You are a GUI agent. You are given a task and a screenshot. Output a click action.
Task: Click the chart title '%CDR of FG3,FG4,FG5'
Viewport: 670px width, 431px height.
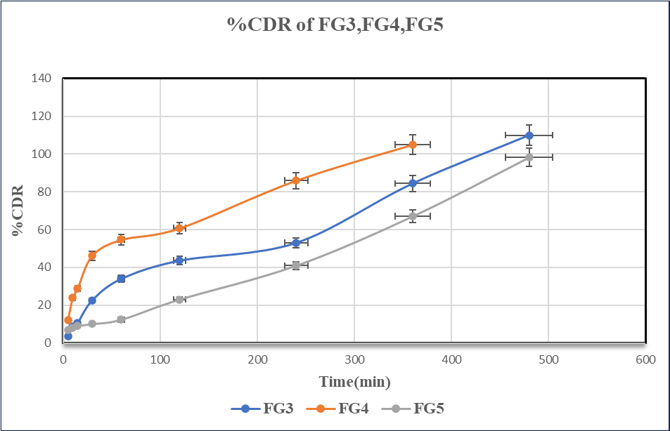tap(335, 25)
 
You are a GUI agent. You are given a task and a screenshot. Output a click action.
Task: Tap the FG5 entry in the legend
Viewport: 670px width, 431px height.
tap(418, 408)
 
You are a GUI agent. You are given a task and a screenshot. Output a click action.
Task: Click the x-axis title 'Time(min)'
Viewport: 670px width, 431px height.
tap(354, 382)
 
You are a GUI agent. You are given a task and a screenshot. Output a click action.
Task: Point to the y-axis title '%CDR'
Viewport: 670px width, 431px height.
tap(18, 210)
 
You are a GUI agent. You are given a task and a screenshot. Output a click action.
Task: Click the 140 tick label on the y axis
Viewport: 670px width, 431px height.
tap(41, 78)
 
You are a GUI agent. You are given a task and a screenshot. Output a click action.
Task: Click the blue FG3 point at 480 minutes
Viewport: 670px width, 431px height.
tap(529, 135)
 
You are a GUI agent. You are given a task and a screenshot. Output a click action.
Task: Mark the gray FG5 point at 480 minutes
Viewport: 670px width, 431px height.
tap(529, 157)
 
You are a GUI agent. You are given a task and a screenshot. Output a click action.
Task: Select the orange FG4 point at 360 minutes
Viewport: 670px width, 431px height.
tap(413, 145)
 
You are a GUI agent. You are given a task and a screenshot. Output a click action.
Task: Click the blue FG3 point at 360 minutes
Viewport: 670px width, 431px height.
tap(413, 183)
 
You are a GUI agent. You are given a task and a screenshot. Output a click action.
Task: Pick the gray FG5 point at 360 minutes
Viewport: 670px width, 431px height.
tap(413, 216)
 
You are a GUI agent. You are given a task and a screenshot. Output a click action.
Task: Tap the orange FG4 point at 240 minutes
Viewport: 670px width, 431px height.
tap(296, 180)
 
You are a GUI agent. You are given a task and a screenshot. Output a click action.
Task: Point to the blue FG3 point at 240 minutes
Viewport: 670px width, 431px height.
tap(296, 243)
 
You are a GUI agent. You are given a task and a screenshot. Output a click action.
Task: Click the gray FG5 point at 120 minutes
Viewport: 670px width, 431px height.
tap(179, 299)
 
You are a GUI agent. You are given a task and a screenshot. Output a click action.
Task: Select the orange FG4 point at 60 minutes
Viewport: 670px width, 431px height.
tap(121, 239)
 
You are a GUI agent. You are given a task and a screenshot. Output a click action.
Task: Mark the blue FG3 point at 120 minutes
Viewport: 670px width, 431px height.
tap(179, 260)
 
